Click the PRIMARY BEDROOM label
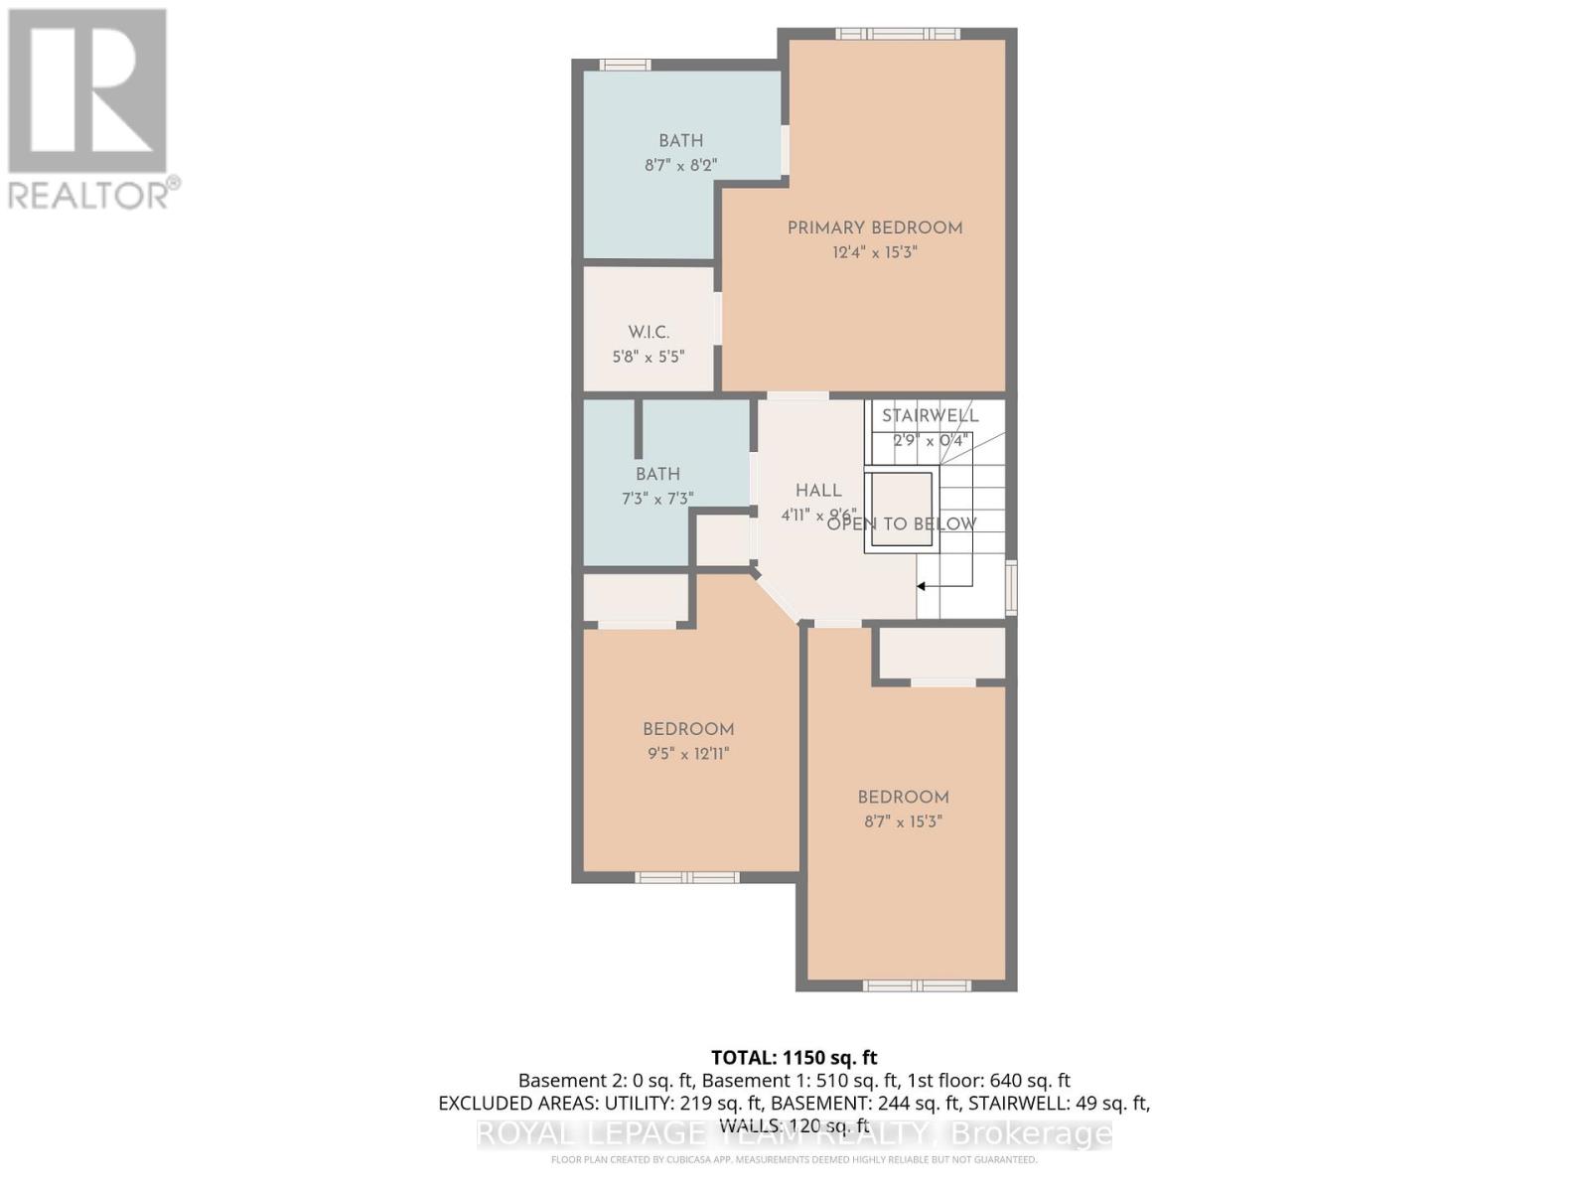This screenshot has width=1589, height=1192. pos(875,228)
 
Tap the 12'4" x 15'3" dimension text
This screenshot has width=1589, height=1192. pos(875,253)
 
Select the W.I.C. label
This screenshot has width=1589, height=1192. pos(649,333)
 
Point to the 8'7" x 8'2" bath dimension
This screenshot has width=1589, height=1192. pos(681,166)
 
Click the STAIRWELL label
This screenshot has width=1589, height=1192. pos(931,416)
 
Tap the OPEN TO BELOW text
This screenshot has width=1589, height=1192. pos(902,524)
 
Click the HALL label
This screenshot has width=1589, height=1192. pos(818,491)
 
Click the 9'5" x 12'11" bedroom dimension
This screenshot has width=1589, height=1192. pos(688,754)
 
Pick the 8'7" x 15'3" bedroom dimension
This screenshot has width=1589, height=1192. pos(903,822)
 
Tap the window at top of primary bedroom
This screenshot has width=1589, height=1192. pos(897,34)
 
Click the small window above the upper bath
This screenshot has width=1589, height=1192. pos(625,66)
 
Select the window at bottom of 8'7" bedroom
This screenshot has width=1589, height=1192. pos(916,985)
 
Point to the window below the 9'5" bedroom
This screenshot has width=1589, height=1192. pos(687,877)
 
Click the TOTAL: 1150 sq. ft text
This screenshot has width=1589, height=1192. pos(794,1058)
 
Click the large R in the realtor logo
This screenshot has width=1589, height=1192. pos(87,91)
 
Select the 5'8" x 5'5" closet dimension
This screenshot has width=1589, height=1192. pos(649,357)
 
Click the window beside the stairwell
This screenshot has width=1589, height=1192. pos(1011,587)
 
